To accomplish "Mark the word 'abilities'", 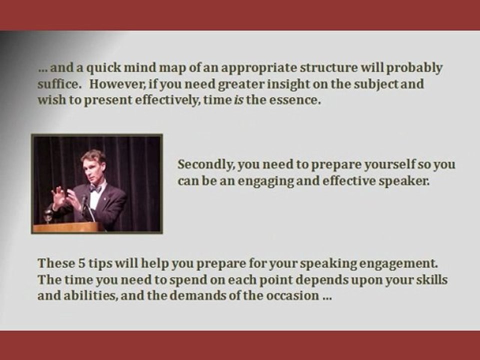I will [x=83, y=295].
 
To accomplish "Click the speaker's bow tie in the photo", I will [x=95, y=189].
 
